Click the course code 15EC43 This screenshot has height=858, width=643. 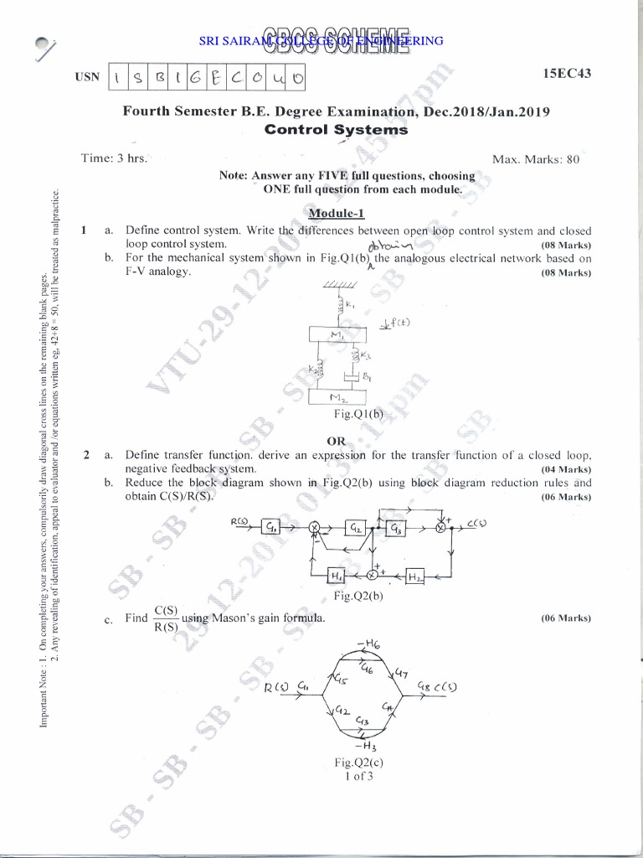point(566,75)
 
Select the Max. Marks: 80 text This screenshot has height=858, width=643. point(537,159)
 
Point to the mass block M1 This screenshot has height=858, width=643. point(337,335)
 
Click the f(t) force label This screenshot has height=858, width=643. point(395,322)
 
